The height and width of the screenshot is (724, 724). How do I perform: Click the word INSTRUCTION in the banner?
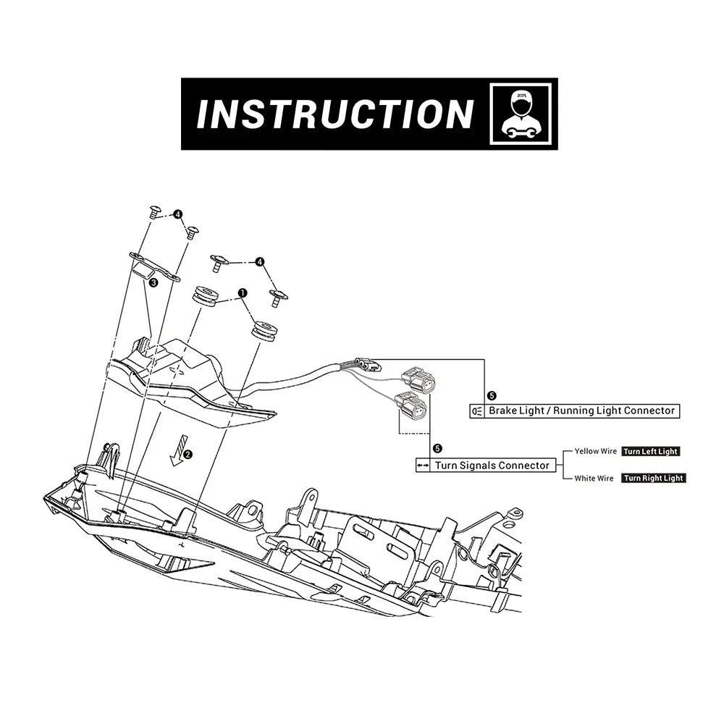tap(334, 114)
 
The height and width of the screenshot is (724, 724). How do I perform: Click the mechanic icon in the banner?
tap(521, 114)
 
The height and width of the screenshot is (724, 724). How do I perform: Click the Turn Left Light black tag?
tap(651, 452)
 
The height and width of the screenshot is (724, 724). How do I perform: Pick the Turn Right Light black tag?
tap(654, 479)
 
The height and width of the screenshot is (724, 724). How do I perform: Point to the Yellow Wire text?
tap(595, 451)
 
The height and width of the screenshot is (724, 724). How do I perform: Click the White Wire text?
tap(594, 479)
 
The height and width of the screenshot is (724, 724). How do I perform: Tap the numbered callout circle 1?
tap(243, 292)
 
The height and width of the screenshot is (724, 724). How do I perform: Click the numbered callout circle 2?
tap(188, 455)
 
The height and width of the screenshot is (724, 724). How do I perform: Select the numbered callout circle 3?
tap(153, 283)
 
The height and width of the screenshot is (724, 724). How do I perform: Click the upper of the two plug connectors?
tap(418, 377)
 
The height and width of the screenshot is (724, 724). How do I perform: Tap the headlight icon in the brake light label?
tap(476, 411)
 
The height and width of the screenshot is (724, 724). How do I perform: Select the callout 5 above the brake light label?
tap(492, 395)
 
